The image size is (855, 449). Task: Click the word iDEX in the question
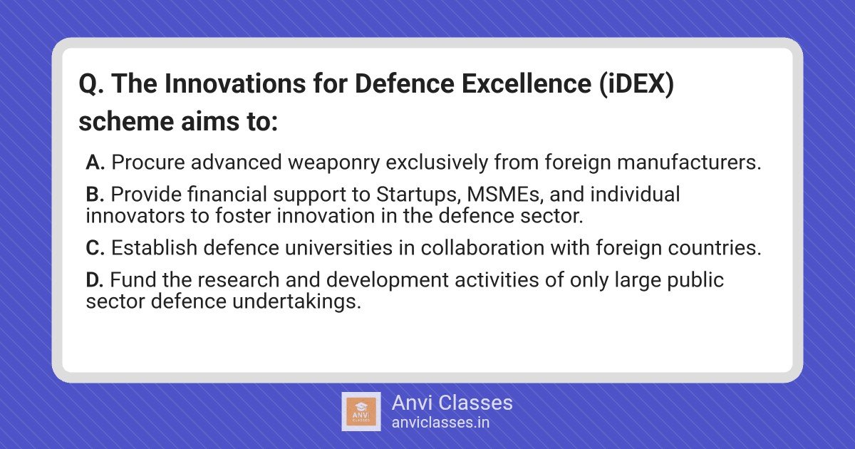pyautogui.click(x=636, y=83)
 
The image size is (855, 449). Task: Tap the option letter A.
pyautogui.click(x=95, y=162)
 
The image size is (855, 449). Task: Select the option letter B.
pyautogui.click(x=95, y=195)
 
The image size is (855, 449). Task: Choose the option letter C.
pyautogui.click(x=95, y=248)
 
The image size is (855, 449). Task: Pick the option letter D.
pyautogui.click(x=95, y=280)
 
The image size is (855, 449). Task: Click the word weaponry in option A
pyautogui.click(x=334, y=163)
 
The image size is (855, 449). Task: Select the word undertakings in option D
pyautogui.click(x=296, y=302)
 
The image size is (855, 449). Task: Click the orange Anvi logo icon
pyautogui.click(x=361, y=412)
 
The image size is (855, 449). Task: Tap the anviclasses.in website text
pyautogui.click(x=440, y=423)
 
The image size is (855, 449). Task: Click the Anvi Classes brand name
pyautogui.click(x=452, y=403)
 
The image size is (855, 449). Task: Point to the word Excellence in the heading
pyautogui.click(x=527, y=83)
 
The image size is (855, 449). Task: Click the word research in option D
pyautogui.click(x=239, y=280)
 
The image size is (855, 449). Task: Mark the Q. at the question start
pyautogui.click(x=91, y=84)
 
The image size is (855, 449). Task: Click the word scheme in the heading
pyautogui.click(x=126, y=122)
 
